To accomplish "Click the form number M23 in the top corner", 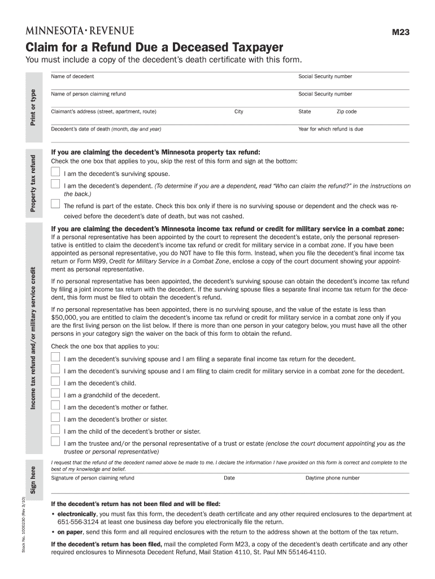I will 401,33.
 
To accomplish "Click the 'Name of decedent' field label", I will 72,76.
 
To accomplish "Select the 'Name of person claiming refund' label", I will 88,94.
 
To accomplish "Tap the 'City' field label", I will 239,111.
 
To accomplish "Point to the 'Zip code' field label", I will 346,111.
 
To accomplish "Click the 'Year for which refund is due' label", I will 330,129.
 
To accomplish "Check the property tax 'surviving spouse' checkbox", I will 55,172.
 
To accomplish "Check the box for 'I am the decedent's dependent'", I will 55,184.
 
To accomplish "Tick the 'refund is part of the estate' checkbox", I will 55,204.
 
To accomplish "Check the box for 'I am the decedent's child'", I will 55,382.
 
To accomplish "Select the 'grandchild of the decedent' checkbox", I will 55,394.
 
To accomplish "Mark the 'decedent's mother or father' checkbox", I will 55,405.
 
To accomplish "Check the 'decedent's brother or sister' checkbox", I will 55,417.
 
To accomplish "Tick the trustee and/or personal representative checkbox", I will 55,442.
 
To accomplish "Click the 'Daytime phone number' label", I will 332,478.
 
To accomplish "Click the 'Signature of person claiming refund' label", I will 93,478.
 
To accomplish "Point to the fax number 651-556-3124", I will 71,522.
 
